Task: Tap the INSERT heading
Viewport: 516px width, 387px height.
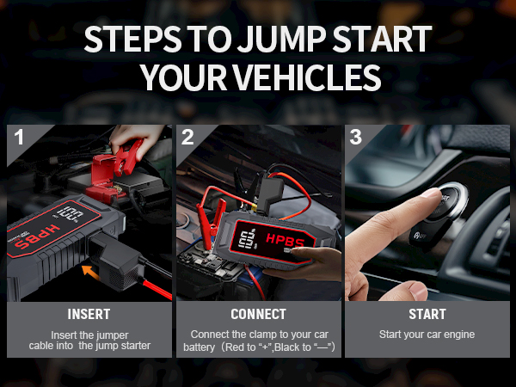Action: coord(89,315)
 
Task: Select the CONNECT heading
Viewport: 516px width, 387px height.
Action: coord(258,315)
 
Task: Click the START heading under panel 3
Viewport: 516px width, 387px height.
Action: coord(427,315)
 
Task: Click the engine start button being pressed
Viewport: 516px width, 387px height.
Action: coord(444,200)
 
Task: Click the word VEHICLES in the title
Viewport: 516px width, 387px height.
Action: coord(304,77)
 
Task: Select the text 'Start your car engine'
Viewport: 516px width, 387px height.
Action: coord(427,334)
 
